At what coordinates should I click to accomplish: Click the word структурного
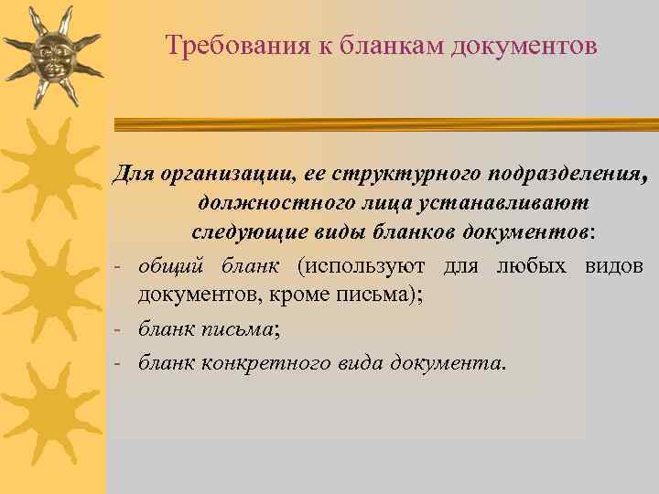413,174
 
